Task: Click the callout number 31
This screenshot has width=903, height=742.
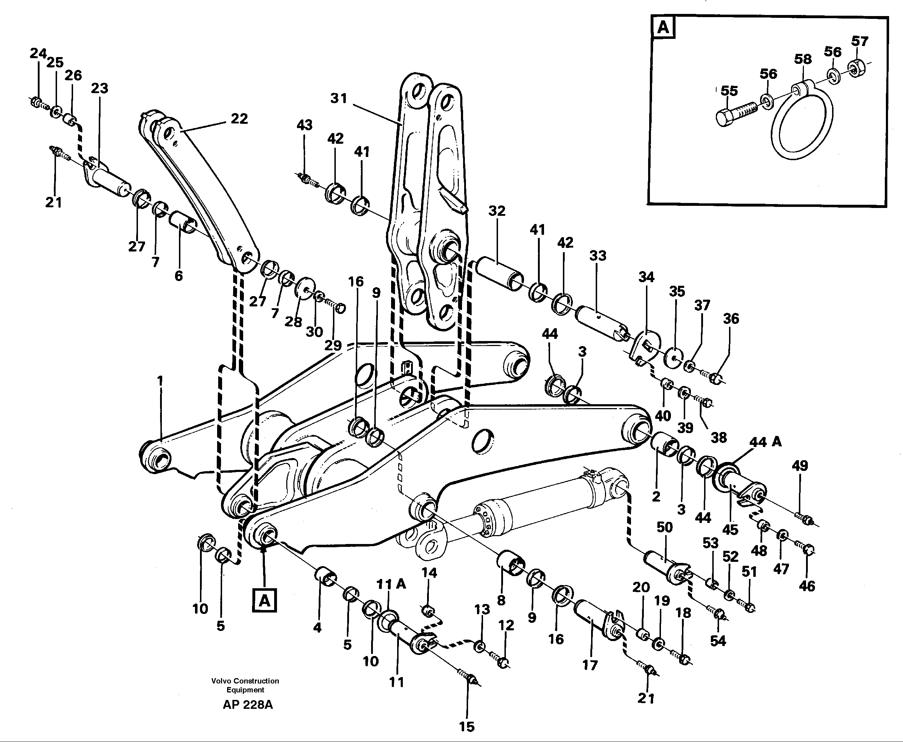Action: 339,98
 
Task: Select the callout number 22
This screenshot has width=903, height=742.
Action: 239,118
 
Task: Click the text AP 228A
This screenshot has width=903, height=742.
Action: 247,705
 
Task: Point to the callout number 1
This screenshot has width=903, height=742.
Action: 160,380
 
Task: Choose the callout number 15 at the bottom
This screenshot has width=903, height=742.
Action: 466,727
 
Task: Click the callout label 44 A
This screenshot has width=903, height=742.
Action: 765,442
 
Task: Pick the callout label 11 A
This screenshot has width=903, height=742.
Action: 391,584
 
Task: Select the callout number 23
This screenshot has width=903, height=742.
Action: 99,88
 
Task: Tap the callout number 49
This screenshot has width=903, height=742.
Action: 800,466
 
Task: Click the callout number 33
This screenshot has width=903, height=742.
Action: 597,255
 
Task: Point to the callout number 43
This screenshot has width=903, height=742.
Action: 304,125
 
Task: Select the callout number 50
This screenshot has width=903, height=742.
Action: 665,528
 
